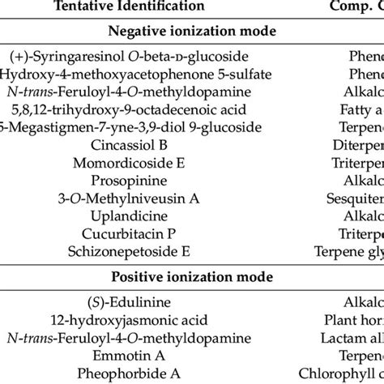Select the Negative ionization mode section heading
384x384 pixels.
coord(192,33)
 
